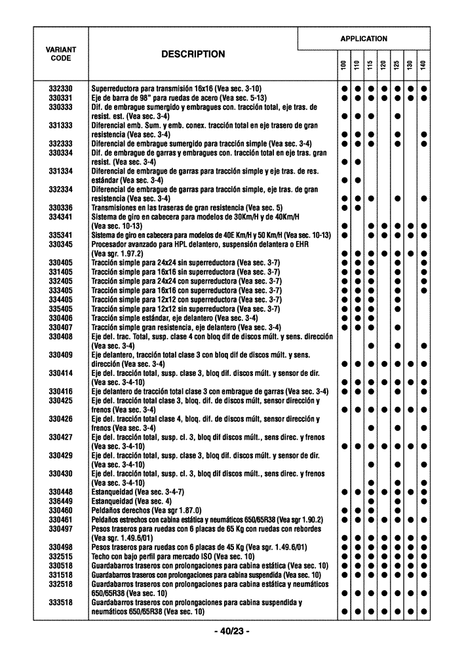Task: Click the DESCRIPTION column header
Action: [x=193, y=54]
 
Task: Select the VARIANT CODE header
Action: [x=60, y=54]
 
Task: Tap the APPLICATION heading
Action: [x=363, y=39]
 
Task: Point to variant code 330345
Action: [x=60, y=244]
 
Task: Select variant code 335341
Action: [x=60, y=235]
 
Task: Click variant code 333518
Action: [x=60, y=602]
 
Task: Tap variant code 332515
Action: [x=60, y=556]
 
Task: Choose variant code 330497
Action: [x=60, y=529]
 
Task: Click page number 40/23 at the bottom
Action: [x=232, y=631]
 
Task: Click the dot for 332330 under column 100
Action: [x=343, y=88]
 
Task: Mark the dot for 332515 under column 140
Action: [x=424, y=556]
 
